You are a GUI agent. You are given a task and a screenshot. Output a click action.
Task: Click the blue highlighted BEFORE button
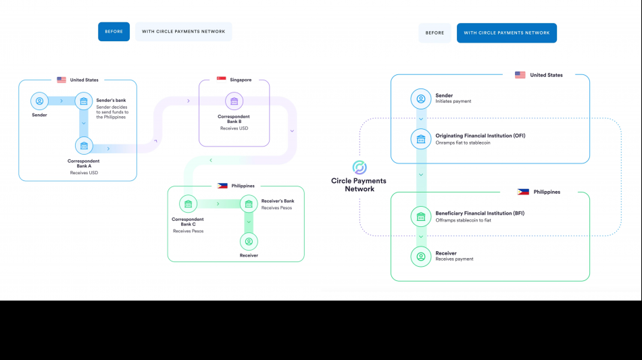[x=114, y=32]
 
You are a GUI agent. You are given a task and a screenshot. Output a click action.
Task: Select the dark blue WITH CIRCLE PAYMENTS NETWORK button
[x=506, y=33]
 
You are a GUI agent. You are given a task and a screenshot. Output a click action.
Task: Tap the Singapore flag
[x=221, y=80]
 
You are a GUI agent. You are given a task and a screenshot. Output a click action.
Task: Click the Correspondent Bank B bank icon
[x=234, y=102]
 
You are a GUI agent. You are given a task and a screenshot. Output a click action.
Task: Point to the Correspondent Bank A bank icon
[x=84, y=145]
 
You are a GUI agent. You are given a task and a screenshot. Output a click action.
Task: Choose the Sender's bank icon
[x=83, y=102]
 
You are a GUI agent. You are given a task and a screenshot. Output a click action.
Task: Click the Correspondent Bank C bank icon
[x=188, y=204]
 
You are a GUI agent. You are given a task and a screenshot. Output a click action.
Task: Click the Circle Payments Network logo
[x=360, y=168]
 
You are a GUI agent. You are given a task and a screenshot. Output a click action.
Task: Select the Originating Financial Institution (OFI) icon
[x=421, y=140]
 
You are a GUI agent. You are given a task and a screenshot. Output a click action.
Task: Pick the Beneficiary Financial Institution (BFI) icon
[x=421, y=217]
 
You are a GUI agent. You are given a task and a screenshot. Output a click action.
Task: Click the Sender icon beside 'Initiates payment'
[x=421, y=99]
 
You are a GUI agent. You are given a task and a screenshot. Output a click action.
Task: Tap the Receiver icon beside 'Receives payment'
[x=421, y=257]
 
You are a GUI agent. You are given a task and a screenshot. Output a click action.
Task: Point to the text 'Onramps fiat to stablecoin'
[x=462, y=143]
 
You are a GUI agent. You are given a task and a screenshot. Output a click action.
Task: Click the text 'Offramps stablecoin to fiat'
[x=463, y=220]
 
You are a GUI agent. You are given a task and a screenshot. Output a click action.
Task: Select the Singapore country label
[x=241, y=80]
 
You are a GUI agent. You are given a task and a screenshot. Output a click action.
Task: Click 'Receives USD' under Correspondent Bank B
[x=234, y=128]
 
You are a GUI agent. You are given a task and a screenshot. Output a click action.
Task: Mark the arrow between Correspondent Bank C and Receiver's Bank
[x=218, y=203]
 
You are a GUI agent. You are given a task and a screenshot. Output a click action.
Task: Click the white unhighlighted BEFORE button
[x=435, y=33]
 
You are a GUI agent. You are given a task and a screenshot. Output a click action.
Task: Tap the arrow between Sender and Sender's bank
[x=62, y=102]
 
